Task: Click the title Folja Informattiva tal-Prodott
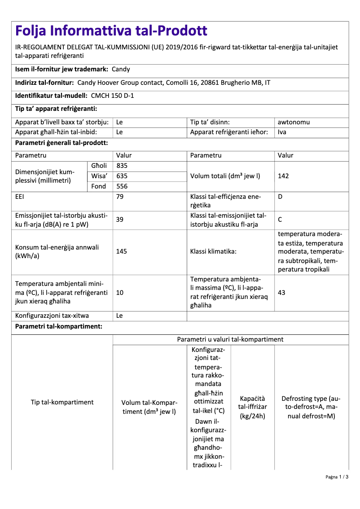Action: click(111, 31)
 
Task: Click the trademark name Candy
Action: click(120, 69)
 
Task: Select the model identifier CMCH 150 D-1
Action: click(112, 96)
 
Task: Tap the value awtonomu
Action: click(294, 122)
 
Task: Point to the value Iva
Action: click(282, 132)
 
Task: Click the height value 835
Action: click(122, 166)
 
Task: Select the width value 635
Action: click(122, 176)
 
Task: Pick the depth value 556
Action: click(122, 186)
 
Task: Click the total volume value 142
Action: click(283, 176)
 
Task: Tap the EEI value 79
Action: click(120, 197)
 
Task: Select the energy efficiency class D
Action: click(280, 197)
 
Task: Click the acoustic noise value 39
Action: click(120, 220)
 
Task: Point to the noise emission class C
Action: click(280, 220)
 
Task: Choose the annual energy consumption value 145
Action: click(122, 251)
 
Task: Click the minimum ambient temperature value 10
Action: click(120, 293)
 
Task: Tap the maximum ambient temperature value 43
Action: click(282, 293)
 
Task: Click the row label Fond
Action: click(99, 186)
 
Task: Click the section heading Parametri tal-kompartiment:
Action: click(59, 326)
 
